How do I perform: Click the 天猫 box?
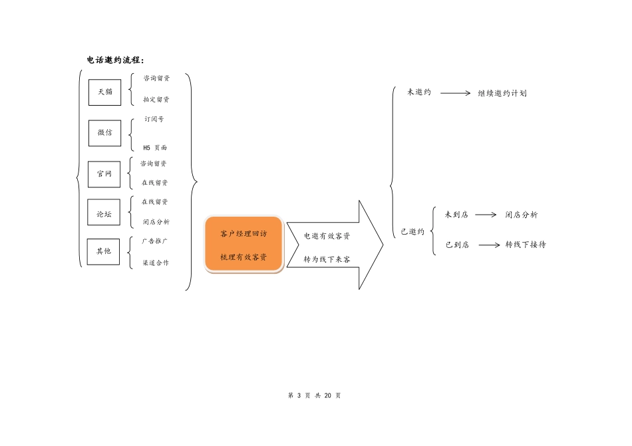(104, 92)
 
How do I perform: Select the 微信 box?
(104, 132)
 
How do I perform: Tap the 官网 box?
(104, 174)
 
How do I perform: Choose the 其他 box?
(104, 251)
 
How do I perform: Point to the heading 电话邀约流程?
(115, 60)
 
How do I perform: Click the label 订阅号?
(154, 120)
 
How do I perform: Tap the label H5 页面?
(155, 147)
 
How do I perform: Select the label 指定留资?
(156, 100)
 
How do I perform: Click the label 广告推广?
(155, 241)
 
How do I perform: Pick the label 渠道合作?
(156, 263)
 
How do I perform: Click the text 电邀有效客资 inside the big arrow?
(327, 236)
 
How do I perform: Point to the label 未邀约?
(419, 92)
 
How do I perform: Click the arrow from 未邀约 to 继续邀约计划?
(456, 93)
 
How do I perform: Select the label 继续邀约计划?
(502, 94)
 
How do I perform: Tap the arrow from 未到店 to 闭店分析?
(486, 215)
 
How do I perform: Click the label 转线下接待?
(526, 245)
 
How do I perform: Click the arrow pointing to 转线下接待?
(489, 245)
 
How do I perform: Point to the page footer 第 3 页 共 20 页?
(315, 395)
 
